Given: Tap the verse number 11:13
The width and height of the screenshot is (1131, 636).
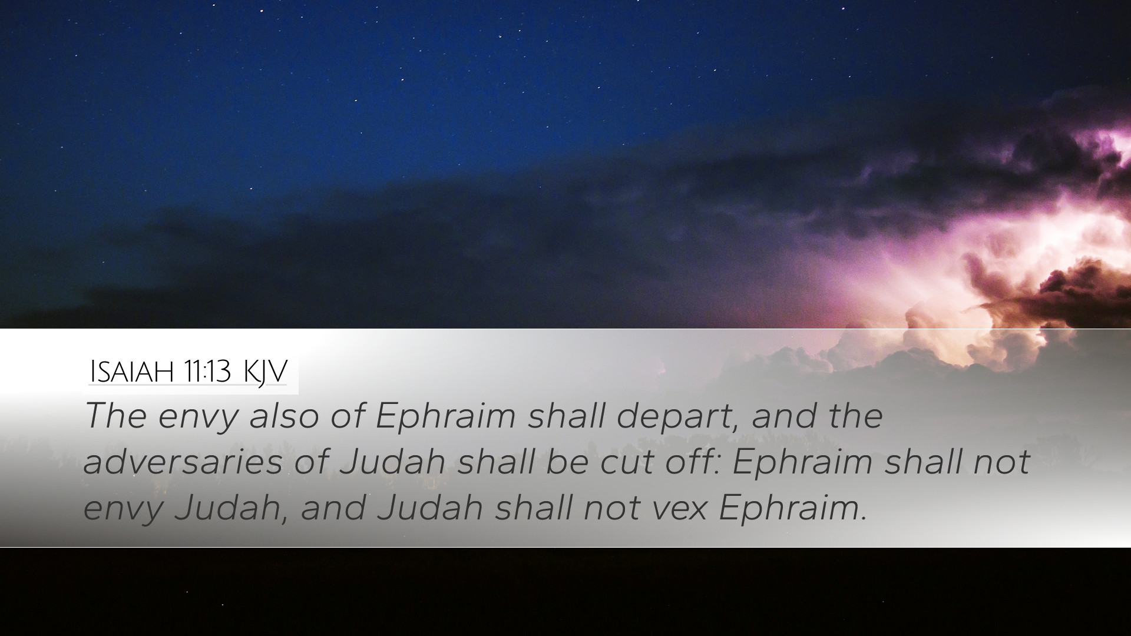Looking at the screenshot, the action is (x=206, y=372).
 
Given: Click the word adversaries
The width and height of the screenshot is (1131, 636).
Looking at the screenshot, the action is (x=183, y=461).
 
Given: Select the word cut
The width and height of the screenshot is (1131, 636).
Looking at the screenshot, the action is (x=628, y=462).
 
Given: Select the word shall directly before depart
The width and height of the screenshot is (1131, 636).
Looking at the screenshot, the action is (x=566, y=415).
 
